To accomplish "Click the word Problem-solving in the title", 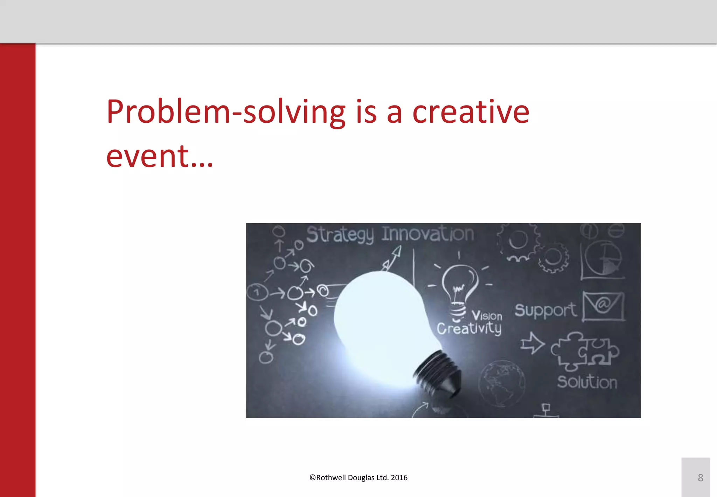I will (226, 112).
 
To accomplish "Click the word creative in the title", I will (471, 112).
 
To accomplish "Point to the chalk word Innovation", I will (428, 234).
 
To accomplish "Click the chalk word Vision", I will (487, 315).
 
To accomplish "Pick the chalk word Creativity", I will (469, 329).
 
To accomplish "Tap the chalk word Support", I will (545, 310).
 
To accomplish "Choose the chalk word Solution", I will (587, 382).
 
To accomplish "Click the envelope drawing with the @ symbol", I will (603, 306).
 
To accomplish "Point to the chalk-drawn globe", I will (501, 383).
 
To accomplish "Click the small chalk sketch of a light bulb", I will (459, 287).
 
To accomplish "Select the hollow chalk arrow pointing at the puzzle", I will (532, 343).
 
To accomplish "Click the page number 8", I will (700, 477).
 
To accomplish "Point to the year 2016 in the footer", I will (399, 477).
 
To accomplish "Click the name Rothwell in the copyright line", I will (331, 477).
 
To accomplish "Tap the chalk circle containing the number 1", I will (257, 292).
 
